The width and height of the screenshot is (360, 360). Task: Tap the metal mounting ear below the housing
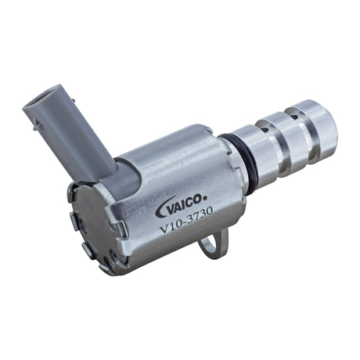coord(210,246)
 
